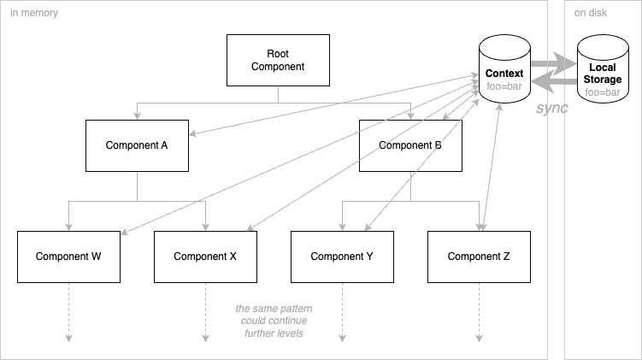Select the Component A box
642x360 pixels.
coord(137,145)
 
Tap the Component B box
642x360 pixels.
coord(410,145)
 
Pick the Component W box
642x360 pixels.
coord(68,257)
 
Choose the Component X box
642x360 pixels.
coord(205,257)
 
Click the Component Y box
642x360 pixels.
coord(342,257)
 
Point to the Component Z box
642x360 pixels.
coord(479,257)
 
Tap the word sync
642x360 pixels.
coord(552,109)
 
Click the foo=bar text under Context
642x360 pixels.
coord(504,86)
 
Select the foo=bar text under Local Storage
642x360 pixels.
coord(602,91)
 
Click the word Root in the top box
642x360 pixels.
coord(278,53)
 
